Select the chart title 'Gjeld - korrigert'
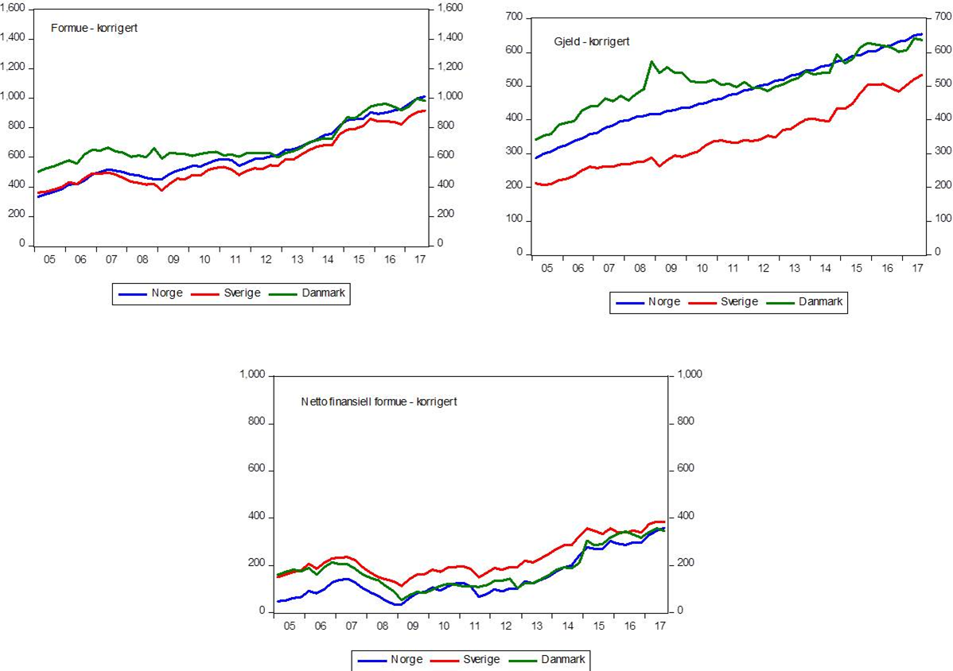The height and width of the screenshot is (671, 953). click(591, 41)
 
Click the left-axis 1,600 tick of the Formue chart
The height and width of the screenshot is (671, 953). click(15, 8)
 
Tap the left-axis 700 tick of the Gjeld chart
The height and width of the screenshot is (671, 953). click(515, 17)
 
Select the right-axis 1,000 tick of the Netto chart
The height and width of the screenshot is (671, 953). click(689, 374)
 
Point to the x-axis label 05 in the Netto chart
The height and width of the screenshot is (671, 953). click(289, 626)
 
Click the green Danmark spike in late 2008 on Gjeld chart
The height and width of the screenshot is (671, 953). click(652, 61)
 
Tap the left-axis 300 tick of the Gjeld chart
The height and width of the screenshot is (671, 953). click(515, 152)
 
